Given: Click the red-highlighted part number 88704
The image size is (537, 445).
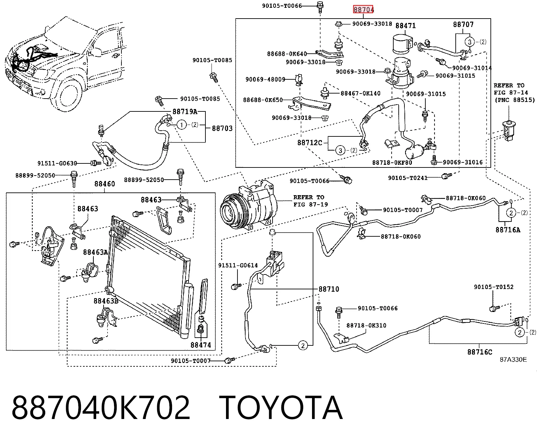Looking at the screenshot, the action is click(x=363, y=9).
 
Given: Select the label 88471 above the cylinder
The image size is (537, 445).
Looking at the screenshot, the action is click(x=405, y=26).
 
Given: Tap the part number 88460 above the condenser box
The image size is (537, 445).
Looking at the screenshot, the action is click(x=105, y=184).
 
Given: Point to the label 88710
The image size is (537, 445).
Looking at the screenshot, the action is click(x=329, y=289).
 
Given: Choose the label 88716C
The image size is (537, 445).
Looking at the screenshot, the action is click(x=480, y=352).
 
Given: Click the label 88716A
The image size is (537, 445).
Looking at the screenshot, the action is click(x=508, y=230).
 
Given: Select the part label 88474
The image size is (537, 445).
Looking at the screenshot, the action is click(x=201, y=345).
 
